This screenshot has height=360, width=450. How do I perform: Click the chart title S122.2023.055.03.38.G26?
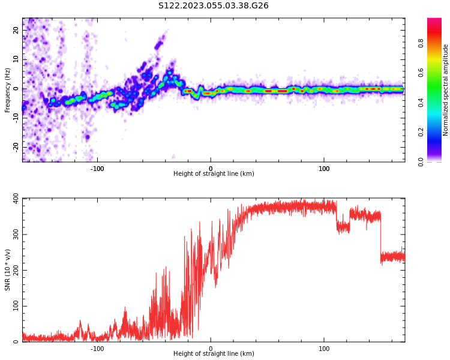click(x=214, y=6)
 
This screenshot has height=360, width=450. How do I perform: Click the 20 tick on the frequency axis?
click(x=16, y=30)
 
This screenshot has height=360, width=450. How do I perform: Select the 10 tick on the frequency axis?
click(x=16, y=59)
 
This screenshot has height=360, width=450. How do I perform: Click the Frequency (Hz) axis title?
click(x=8, y=90)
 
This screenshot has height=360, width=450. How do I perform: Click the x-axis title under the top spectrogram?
click(x=214, y=174)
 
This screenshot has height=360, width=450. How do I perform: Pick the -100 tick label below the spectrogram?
click(x=97, y=169)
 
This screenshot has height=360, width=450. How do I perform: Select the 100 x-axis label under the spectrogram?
click(x=324, y=169)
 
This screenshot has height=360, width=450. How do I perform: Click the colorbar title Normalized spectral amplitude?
click(x=446, y=90)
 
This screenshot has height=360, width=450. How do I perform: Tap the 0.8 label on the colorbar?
click(x=437, y=43)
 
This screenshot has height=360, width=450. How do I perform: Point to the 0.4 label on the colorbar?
click(x=437, y=103)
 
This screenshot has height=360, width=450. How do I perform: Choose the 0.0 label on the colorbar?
click(x=437, y=161)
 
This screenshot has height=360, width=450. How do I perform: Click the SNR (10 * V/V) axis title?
click(x=8, y=270)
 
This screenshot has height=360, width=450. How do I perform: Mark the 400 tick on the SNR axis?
click(x=12, y=198)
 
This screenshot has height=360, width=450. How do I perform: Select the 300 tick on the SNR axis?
click(x=12, y=234)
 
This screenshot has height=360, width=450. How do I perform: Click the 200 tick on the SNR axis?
click(x=12, y=270)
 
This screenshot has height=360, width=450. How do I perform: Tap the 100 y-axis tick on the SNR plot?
click(x=12, y=306)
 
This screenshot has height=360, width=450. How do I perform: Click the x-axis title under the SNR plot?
click(x=214, y=354)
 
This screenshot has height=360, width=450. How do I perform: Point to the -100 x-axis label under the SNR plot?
click(x=97, y=349)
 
